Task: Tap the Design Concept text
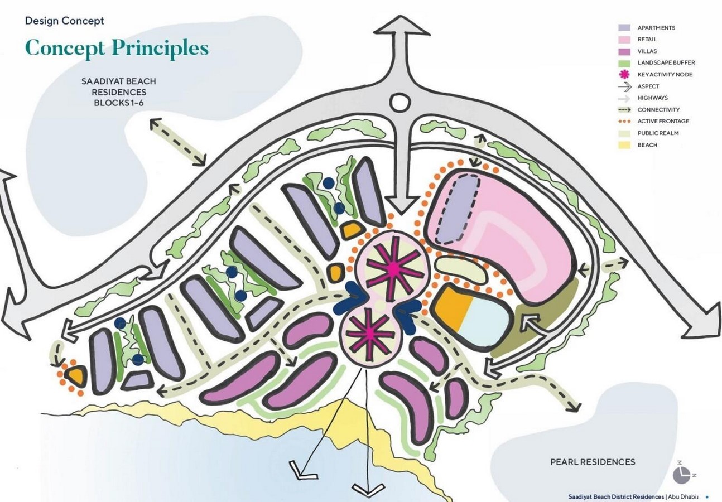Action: (x=65, y=21)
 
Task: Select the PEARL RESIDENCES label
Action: (x=593, y=462)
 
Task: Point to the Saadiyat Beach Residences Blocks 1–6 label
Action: (x=119, y=92)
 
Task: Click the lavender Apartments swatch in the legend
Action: (x=624, y=28)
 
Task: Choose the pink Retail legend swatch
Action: (x=624, y=39)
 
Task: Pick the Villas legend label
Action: (x=647, y=51)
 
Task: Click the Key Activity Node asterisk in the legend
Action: (x=624, y=75)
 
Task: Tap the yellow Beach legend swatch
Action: (x=624, y=145)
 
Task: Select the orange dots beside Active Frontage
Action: (x=624, y=122)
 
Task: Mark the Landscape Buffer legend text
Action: (x=666, y=62)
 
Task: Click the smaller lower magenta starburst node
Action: (x=369, y=336)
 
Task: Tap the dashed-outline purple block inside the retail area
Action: (x=457, y=209)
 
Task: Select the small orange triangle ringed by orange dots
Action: (x=76, y=375)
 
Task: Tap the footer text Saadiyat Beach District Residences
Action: (x=616, y=496)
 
